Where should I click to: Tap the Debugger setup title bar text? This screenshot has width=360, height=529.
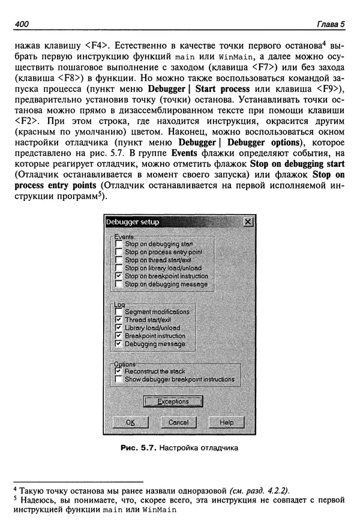(x=133, y=222)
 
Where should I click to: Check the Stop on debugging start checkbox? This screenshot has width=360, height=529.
(x=119, y=245)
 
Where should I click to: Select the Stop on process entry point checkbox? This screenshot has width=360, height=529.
(x=119, y=253)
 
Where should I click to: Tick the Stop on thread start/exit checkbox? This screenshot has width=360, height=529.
(x=119, y=260)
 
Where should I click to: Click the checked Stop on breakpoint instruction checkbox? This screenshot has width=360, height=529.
(x=119, y=276)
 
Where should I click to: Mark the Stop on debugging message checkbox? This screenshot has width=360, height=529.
(x=119, y=284)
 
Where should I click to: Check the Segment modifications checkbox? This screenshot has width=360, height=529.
(x=119, y=312)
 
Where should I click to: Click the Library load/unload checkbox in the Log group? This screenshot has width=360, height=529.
(x=119, y=328)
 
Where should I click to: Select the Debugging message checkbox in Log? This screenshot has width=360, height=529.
(x=119, y=344)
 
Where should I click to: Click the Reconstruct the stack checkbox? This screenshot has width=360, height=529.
(x=119, y=371)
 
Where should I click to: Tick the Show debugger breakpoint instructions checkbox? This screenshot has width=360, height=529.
(x=119, y=379)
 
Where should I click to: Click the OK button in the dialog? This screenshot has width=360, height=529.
(x=128, y=422)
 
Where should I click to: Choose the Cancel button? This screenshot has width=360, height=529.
(x=178, y=422)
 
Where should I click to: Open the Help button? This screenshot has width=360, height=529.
(x=226, y=422)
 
